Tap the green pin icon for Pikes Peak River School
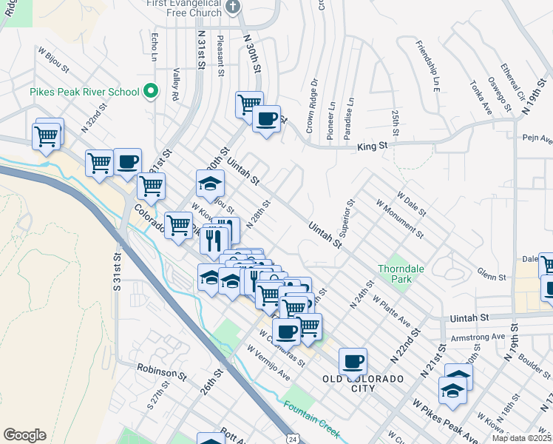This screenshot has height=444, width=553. click(x=151, y=92)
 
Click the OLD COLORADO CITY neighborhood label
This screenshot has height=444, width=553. click(x=363, y=383)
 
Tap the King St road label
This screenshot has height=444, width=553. click(x=373, y=147)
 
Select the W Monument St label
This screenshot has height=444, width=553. click(x=398, y=218)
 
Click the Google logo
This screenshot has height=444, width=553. click(x=24, y=435)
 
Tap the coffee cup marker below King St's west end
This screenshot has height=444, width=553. click(x=266, y=118)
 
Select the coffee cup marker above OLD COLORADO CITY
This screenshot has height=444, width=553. click(x=353, y=361)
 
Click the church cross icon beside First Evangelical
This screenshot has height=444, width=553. click(x=233, y=7)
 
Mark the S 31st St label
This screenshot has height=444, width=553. click(x=117, y=275)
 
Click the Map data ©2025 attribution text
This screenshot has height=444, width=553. click(x=523, y=437)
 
